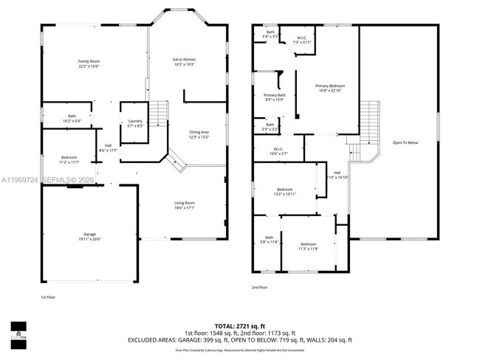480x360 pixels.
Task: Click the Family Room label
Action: (x=89, y=63)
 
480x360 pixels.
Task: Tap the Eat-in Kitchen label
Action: (x=184, y=62)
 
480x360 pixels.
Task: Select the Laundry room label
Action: (x=134, y=123)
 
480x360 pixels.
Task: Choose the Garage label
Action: (x=89, y=237)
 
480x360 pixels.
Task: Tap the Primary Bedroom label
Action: (x=330, y=89)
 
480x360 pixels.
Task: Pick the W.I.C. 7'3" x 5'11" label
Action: (x=302, y=40)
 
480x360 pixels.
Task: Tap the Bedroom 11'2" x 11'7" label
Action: (x=69, y=159)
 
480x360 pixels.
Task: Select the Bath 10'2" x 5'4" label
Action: (x=72, y=117)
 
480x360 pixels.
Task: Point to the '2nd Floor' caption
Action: (x=259, y=288)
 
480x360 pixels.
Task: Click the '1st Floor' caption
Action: (x=48, y=297)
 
